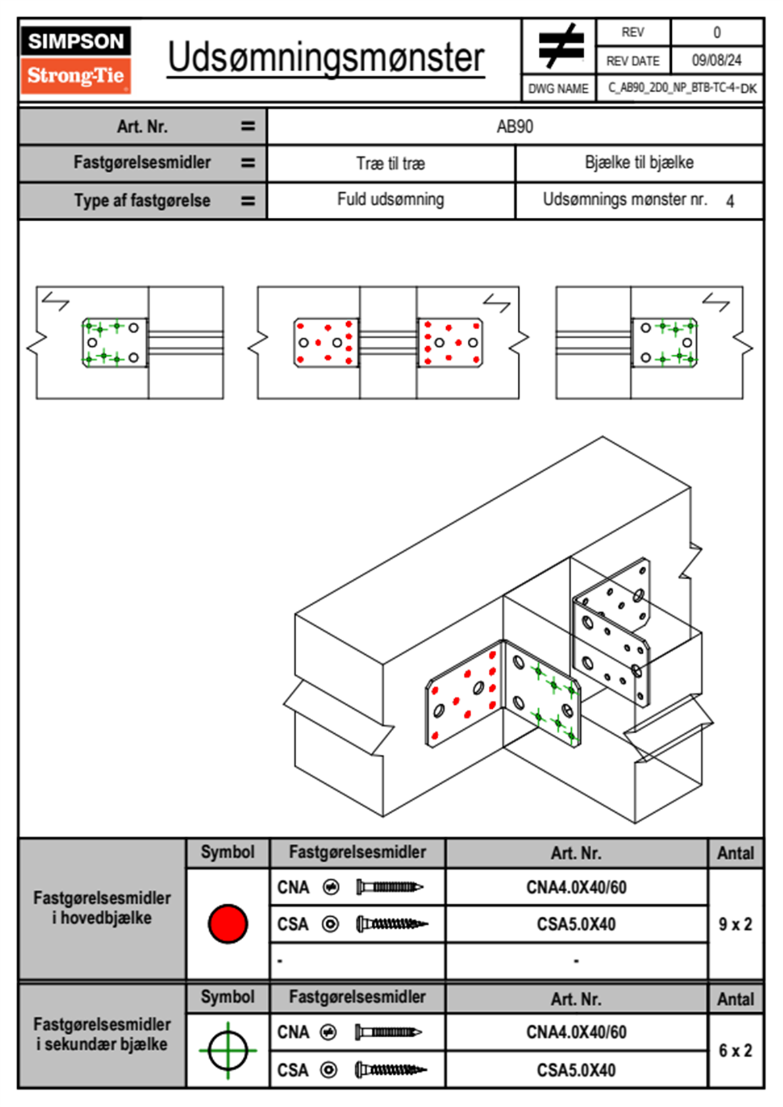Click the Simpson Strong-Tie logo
(x=76, y=59)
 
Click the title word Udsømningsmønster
(x=326, y=58)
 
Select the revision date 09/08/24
(x=716, y=61)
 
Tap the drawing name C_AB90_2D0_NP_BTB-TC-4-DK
(x=682, y=88)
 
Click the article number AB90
(x=515, y=126)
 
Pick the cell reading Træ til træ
(x=390, y=163)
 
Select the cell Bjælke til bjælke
(x=639, y=163)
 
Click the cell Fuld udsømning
(x=390, y=199)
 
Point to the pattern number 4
(x=730, y=201)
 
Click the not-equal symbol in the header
(x=560, y=46)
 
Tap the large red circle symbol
(x=228, y=923)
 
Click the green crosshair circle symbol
(x=228, y=1050)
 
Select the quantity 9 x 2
(x=735, y=924)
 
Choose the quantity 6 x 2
(x=735, y=1050)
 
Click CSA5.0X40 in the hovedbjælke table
(x=576, y=924)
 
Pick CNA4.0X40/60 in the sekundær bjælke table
(x=576, y=1032)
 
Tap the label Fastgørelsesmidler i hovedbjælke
(x=102, y=908)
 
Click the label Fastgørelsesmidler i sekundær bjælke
(x=102, y=1034)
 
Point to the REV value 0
(x=717, y=32)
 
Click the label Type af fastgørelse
(x=142, y=201)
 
